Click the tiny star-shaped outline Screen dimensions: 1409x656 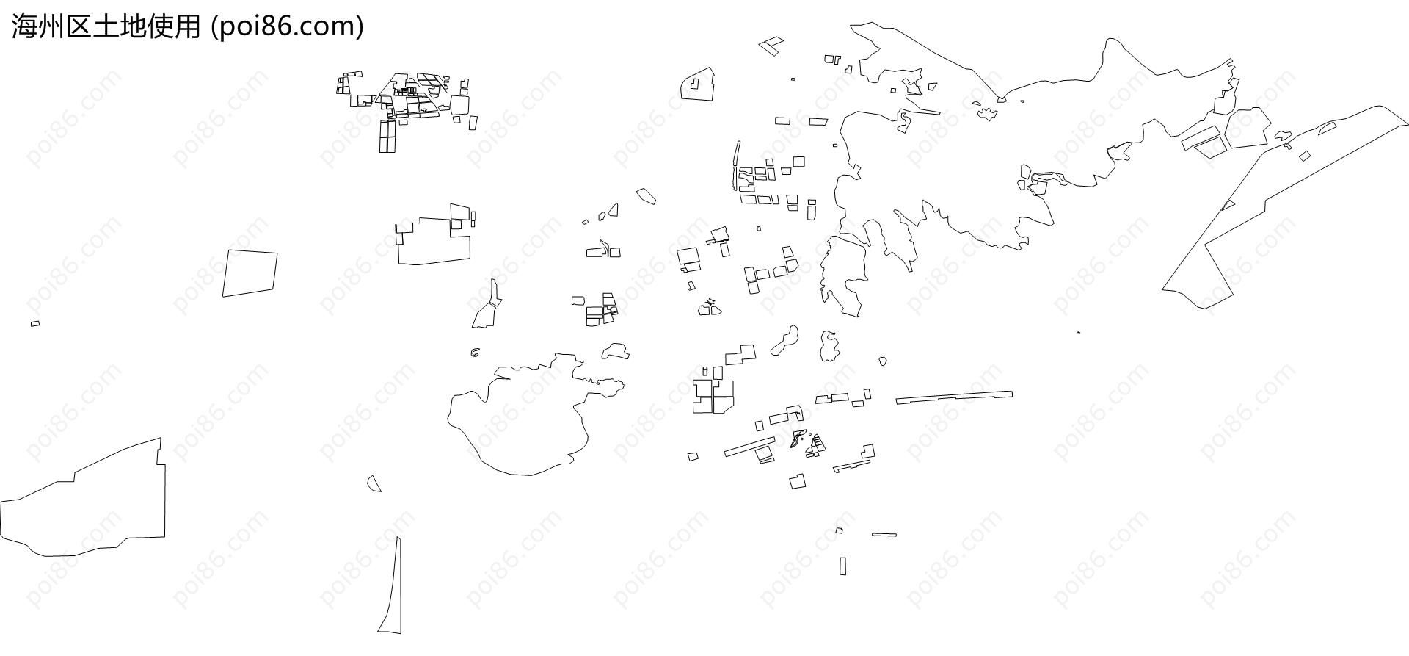click(710, 301)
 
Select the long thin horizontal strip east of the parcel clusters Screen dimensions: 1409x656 click(954, 397)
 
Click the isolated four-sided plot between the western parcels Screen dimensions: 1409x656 click(250, 273)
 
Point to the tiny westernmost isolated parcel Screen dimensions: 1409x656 click(35, 323)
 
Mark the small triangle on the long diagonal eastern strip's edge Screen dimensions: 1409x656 click(1228, 205)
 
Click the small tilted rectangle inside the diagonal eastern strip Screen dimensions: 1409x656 click(1305, 156)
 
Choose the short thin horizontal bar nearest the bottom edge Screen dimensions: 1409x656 click(884, 535)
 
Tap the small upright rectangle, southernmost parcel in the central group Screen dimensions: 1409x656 click(842, 566)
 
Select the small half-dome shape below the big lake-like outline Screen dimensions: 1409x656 click(374, 484)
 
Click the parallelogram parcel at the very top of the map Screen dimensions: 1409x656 click(771, 46)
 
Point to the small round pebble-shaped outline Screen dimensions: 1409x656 click(883, 361)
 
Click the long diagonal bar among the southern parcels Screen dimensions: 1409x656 click(750, 447)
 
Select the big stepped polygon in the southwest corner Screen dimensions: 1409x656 click(83, 500)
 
